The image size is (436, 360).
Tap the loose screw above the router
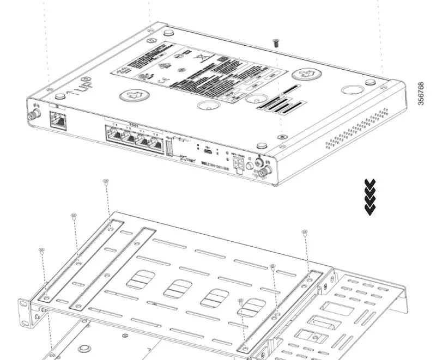pos(276,43)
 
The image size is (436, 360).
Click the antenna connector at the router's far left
pos(32,114)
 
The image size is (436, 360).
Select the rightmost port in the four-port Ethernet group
pos(155,145)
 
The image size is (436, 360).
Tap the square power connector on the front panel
pos(239,164)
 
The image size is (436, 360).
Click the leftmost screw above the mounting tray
pos(42,251)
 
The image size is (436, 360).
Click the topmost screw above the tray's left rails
pos(106,182)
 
